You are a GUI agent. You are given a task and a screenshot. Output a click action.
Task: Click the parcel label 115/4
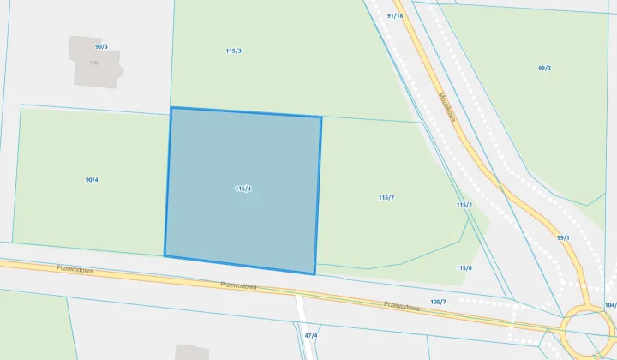[x=243, y=189]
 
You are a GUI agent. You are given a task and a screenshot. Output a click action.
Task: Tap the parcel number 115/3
[x=233, y=51]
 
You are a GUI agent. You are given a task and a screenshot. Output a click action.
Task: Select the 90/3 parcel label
[x=101, y=46]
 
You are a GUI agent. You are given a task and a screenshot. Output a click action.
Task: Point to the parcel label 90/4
[x=92, y=180]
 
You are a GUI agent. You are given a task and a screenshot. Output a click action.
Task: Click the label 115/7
[x=386, y=197]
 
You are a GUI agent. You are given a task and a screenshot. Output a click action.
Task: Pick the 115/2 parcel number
[x=464, y=205]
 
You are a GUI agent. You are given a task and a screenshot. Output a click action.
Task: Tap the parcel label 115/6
[x=464, y=268]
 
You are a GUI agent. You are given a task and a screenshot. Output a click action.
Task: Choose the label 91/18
[x=395, y=15]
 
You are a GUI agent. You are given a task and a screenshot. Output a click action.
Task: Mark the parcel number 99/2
[x=544, y=69]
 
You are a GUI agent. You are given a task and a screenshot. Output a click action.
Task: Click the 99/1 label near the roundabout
[x=563, y=237]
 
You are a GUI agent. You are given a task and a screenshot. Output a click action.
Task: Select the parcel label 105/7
[x=438, y=302]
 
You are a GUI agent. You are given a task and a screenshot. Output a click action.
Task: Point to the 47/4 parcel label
[x=311, y=335]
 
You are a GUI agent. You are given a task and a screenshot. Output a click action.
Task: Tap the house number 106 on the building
[x=93, y=63]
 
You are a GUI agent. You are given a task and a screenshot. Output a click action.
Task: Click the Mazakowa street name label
[x=446, y=106]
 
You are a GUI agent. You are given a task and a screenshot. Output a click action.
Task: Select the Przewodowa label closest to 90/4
[x=75, y=268]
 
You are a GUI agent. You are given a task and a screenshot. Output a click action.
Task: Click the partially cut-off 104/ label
[x=609, y=305]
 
